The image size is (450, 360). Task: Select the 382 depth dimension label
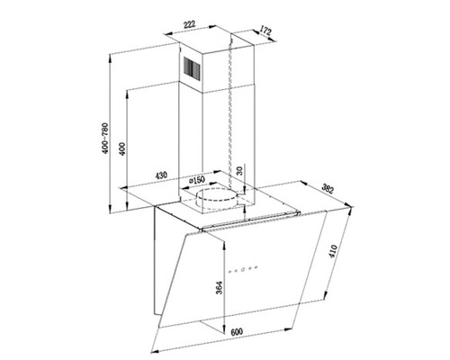[x=329, y=190]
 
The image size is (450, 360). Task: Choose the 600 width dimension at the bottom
[x=237, y=332]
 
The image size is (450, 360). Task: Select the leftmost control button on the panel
[x=232, y=267]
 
